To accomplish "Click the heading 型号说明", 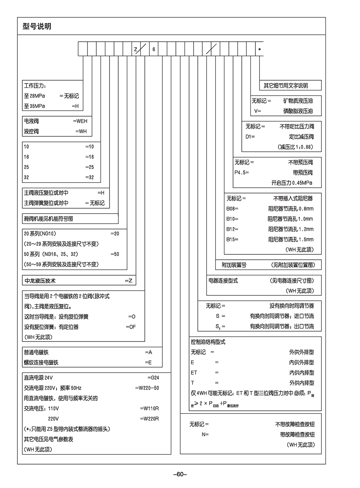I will click(x=37, y=27).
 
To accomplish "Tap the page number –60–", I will click(x=180, y=474).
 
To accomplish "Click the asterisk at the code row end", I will click(x=260, y=50).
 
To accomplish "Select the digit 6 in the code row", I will click(x=153, y=50).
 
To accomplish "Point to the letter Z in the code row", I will click(x=135, y=50).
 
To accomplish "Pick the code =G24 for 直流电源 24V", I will click(x=153, y=377).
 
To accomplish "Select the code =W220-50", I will click(x=147, y=388).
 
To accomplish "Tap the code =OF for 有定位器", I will click(x=130, y=327).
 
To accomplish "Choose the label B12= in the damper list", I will click(x=232, y=229).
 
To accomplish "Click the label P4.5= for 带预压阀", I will click(x=241, y=173).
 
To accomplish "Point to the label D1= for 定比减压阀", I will click(x=250, y=137).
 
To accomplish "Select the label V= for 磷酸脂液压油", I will click(x=258, y=111).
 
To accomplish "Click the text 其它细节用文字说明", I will click(x=286, y=86).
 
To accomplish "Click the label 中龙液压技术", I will click(x=40, y=281).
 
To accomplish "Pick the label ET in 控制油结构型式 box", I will click(x=194, y=373).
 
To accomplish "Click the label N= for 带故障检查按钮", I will click(x=205, y=435).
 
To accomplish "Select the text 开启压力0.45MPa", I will click(x=291, y=183).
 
